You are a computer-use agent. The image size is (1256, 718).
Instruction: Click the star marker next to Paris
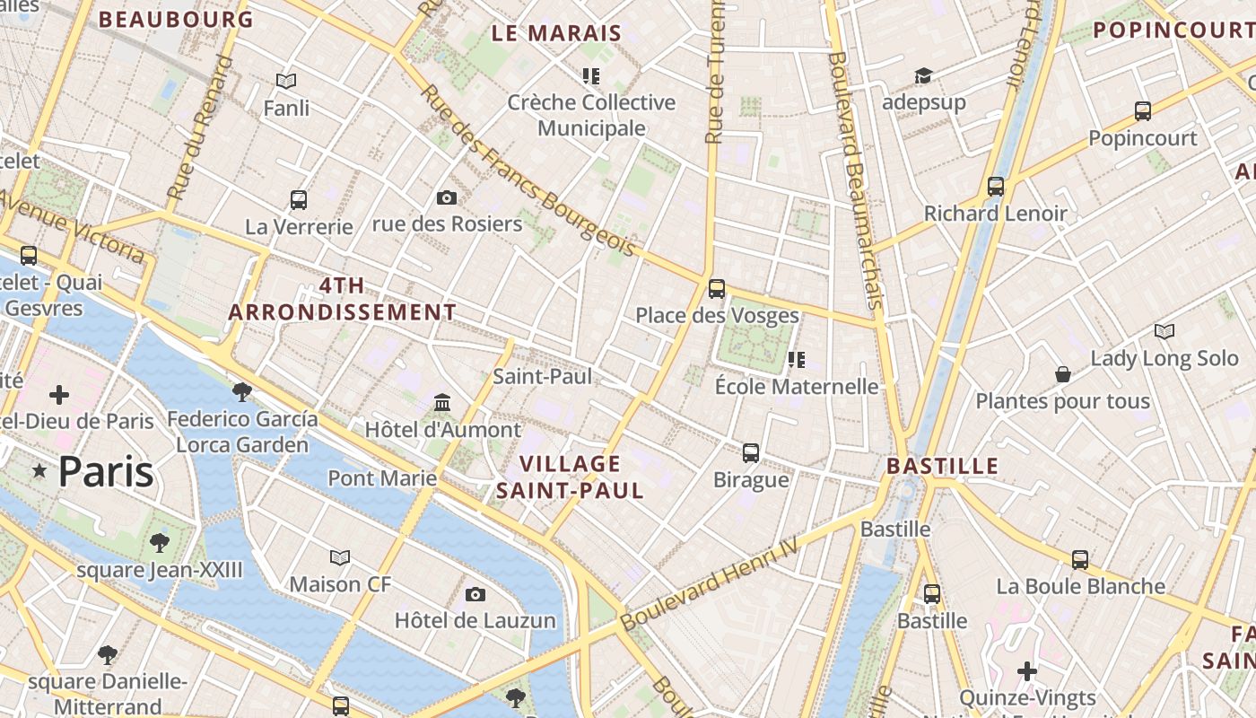(39, 471)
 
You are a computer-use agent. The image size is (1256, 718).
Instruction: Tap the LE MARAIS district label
(556, 34)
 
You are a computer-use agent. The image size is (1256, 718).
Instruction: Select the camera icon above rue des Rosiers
(446, 197)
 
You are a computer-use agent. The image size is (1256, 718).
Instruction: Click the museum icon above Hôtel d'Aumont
(442, 402)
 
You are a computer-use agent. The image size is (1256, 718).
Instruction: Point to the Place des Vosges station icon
(716, 288)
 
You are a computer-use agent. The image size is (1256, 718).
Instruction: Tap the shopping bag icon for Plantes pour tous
(1063, 373)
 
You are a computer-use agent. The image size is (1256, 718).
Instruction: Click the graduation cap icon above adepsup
(923, 75)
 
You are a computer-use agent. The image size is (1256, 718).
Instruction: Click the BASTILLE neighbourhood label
(942, 466)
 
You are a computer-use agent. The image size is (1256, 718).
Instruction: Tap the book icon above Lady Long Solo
(1164, 332)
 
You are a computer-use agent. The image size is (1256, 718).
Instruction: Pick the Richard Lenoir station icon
(996, 187)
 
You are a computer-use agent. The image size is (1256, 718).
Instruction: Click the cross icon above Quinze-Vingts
(1027, 670)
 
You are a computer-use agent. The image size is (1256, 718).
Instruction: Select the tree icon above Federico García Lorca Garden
(241, 391)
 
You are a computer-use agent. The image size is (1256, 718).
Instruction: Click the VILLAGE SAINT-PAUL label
(570, 477)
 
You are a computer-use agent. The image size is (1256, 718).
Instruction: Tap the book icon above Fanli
(286, 82)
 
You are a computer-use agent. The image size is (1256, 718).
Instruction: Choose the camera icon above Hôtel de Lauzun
(475, 594)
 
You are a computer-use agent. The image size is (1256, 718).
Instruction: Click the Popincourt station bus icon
(1142, 111)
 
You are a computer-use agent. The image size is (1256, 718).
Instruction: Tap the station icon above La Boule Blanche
(1080, 560)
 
